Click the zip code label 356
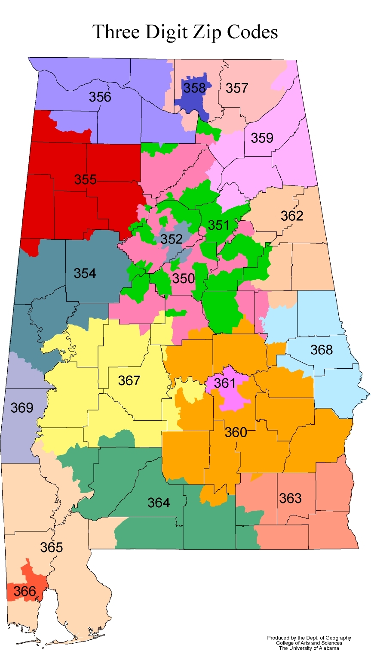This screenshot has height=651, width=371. [x=100, y=97]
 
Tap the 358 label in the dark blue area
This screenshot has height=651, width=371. [x=195, y=88]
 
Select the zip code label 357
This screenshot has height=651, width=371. [x=237, y=88]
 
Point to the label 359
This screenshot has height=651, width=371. [x=262, y=138]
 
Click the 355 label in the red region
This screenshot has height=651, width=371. [x=85, y=179]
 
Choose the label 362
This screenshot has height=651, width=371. [x=292, y=216]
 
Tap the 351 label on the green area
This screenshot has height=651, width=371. [x=219, y=225]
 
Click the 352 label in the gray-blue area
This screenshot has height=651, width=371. [x=172, y=239]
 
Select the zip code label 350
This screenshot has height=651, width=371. [x=184, y=278]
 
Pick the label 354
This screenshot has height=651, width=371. [x=85, y=273]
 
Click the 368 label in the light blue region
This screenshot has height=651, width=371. [x=322, y=350]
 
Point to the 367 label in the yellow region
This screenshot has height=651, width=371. [x=129, y=380]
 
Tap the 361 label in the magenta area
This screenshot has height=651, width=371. [x=225, y=383]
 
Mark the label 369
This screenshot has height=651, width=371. [x=22, y=407]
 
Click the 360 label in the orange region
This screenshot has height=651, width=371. [x=236, y=432]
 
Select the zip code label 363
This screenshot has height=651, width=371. [x=290, y=498]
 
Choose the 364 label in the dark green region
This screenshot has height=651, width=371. [x=159, y=502]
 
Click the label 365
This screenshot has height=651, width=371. [x=52, y=547]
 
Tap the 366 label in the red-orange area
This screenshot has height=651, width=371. [x=25, y=591]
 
